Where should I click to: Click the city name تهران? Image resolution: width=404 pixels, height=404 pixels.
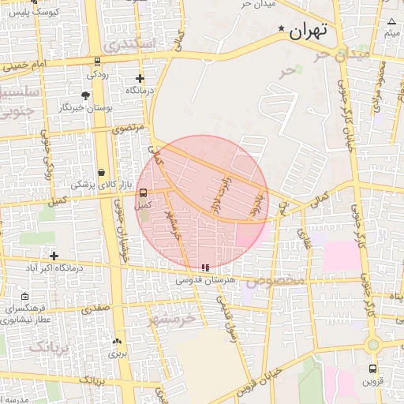click(308, 32)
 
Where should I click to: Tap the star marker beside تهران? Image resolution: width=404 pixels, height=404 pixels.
click(282, 29)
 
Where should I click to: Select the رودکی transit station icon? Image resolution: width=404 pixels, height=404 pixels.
click(97, 62)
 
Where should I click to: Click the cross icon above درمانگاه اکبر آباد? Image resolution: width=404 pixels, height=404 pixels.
click(54, 256)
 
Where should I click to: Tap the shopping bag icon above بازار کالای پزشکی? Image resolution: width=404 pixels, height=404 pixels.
click(101, 173)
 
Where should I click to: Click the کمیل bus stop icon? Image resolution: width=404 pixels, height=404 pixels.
click(143, 193)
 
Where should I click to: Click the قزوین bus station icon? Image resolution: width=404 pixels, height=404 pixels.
click(372, 368)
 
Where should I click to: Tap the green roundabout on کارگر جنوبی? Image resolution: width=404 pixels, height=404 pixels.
click(372, 344)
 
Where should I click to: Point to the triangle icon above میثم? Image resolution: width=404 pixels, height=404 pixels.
click(391, 21)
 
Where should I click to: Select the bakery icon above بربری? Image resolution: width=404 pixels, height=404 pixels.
click(118, 342)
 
